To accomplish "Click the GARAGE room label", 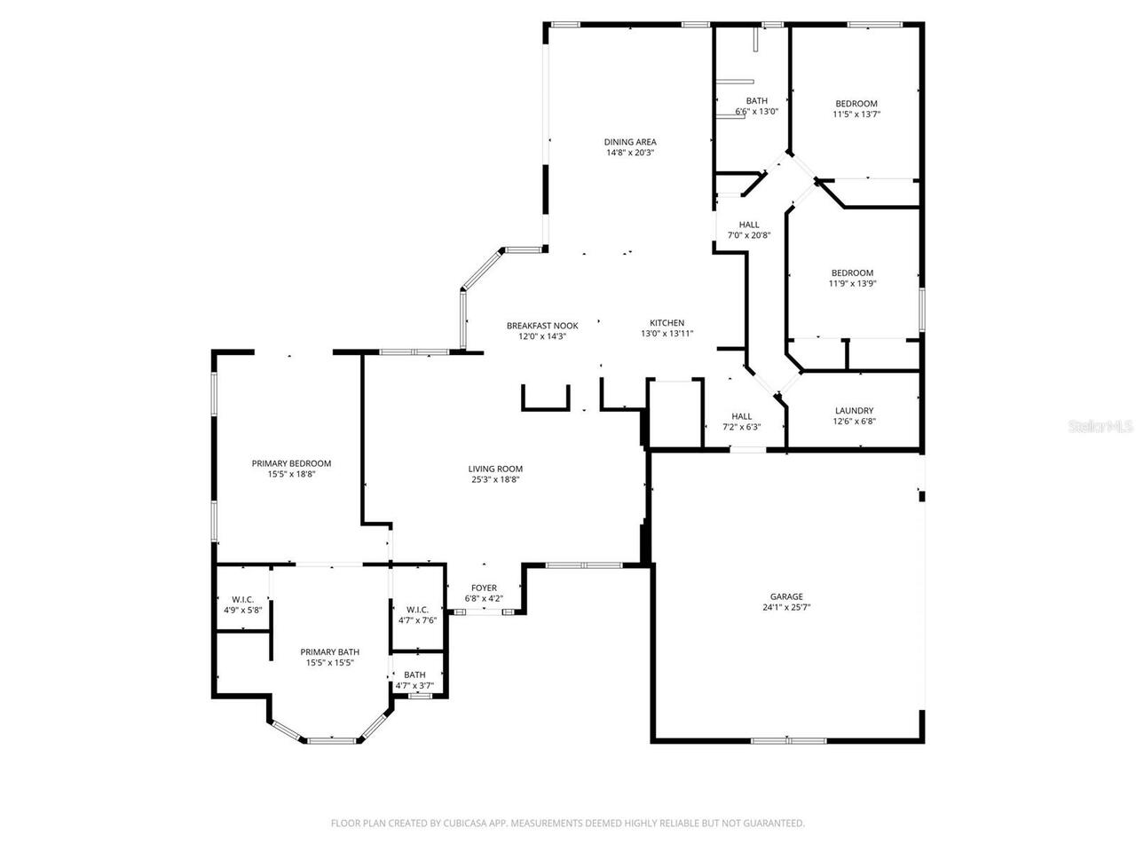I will [x=786, y=596].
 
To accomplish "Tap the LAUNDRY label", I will [x=854, y=411].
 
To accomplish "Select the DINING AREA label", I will [x=630, y=142].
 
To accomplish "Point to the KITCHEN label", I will [x=667, y=323].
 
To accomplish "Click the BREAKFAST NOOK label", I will [x=542, y=326].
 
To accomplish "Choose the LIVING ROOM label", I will [x=495, y=469].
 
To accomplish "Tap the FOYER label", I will [x=484, y=588].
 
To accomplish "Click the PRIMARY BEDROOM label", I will [x=291, y=463].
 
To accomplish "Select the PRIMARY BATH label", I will [x=329, y=651].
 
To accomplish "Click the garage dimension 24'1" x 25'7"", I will [x=786, y=608].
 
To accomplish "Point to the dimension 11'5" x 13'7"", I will [x=856, y=114].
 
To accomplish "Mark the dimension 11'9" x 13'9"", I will [x=852, y=284].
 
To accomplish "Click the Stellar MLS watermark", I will [x=1100, y=427].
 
